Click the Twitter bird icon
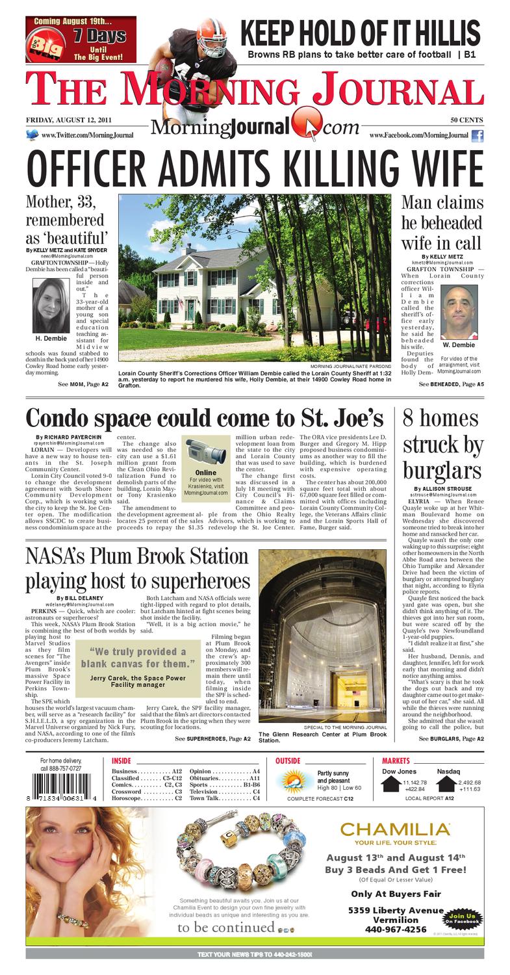(32, 135)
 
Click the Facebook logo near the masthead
(478, 136)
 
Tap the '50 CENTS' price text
(467, 120)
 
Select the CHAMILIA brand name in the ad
(396, 829)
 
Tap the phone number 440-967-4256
(387, 929)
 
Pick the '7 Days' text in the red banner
(99, 36)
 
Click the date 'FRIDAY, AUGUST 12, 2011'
(69, 120)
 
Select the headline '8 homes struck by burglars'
(442, 445)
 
